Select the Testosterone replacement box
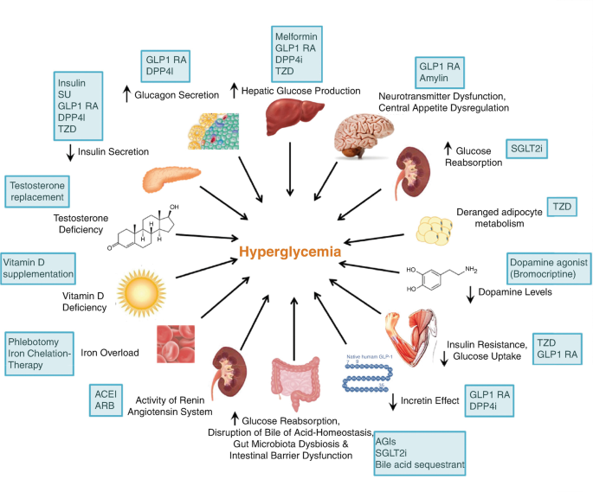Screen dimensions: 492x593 point(36,189)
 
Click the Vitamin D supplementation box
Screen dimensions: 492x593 point(36,267)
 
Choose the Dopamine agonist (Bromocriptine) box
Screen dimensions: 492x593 point(548,268)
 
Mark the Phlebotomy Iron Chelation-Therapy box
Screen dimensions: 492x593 point(40,352)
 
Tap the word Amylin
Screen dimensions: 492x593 point(434,78)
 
